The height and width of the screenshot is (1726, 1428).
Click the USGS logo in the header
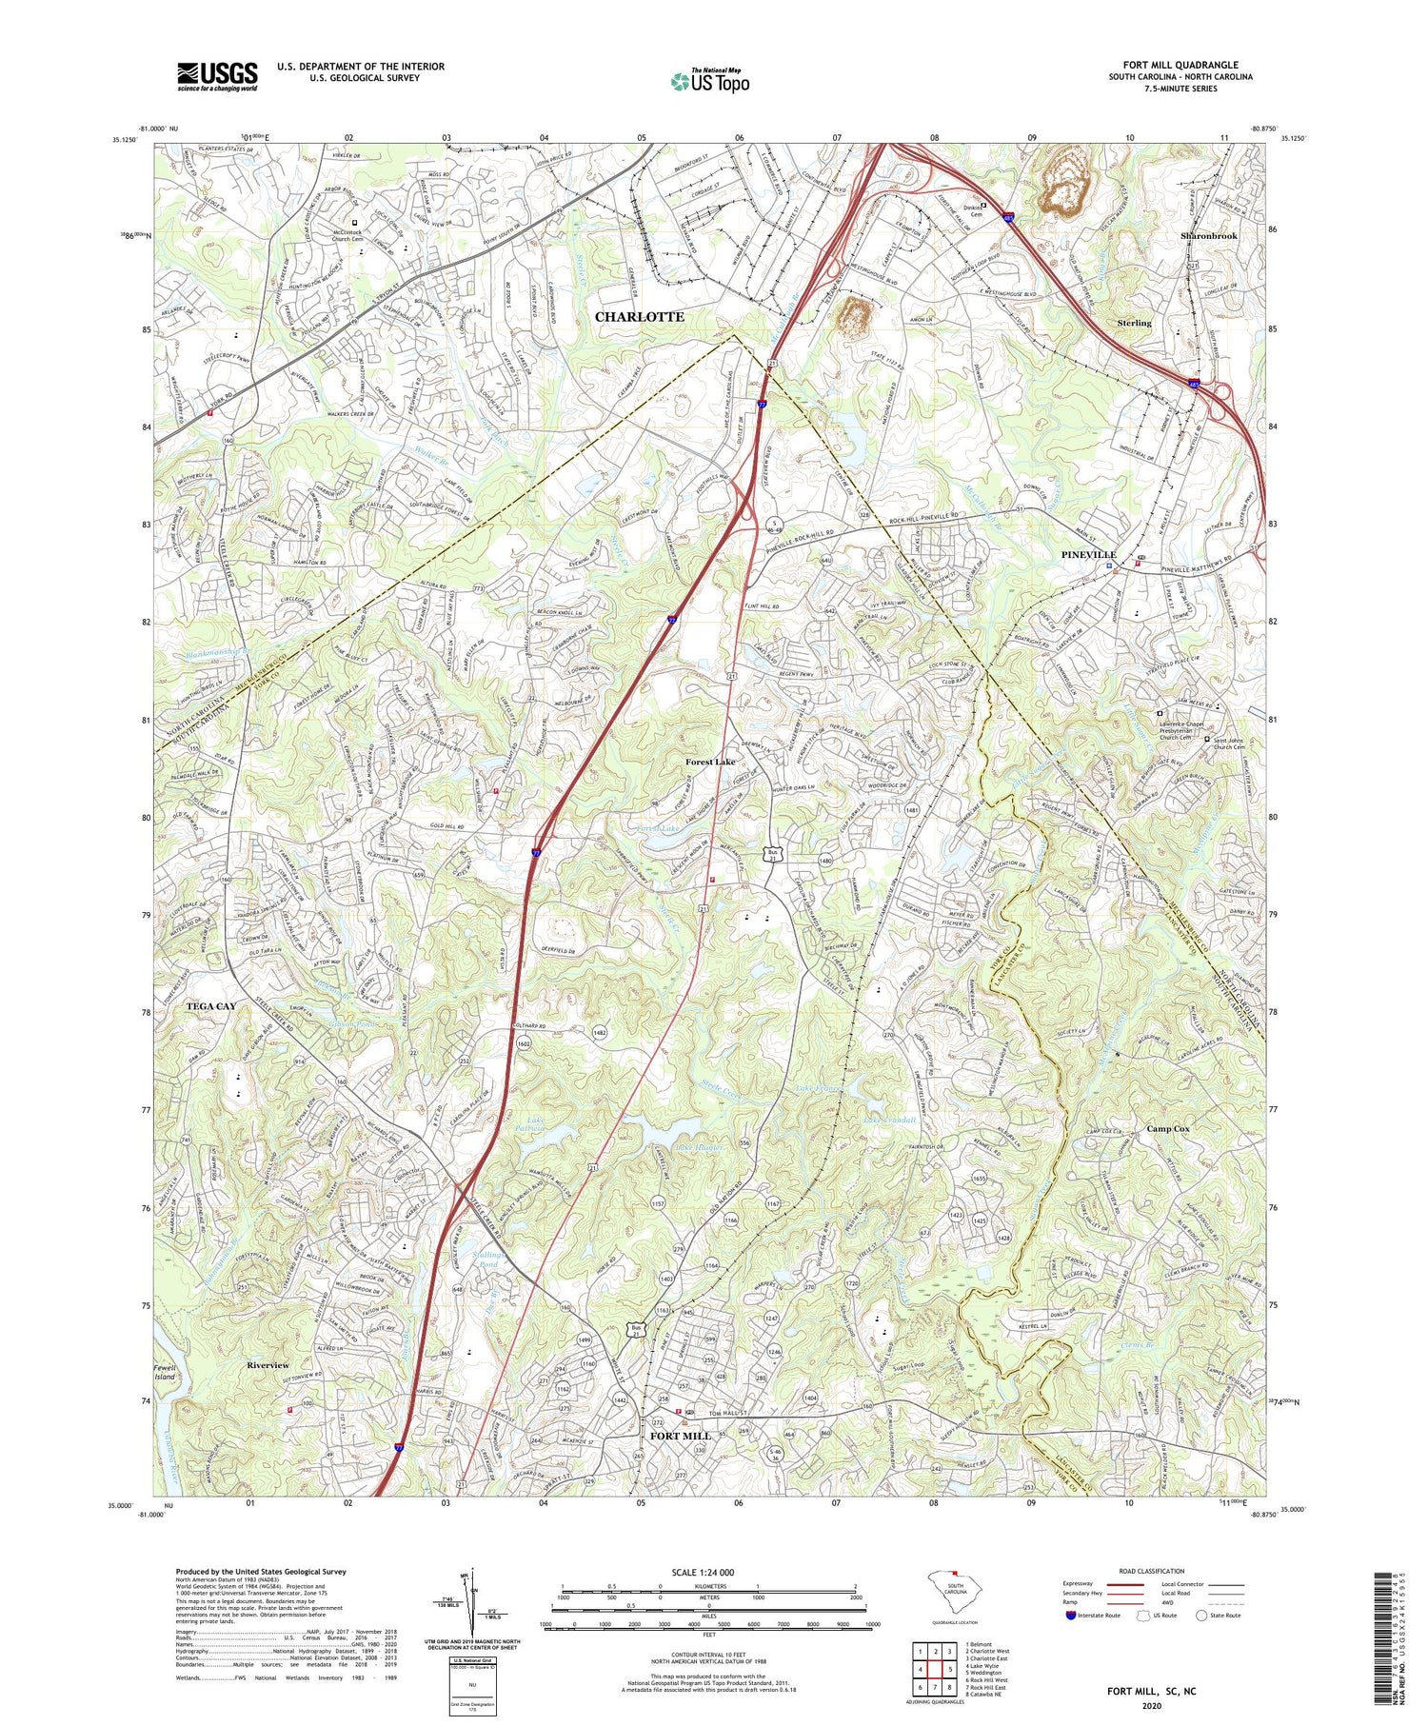(217, 76)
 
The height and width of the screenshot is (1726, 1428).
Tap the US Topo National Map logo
(709, 81)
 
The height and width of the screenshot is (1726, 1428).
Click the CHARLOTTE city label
(639, 316)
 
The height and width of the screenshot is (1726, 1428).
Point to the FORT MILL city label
(681, 1435)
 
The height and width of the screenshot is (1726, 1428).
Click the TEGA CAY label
(211, 1005)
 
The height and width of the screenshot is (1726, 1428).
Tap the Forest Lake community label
(710, 763)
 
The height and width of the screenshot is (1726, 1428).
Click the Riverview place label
(268, 1365)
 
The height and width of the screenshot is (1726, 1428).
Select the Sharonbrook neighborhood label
(1208, 235)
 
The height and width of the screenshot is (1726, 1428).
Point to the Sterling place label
(1134, 323)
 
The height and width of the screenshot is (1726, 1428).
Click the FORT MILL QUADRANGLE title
(1180, 65)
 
